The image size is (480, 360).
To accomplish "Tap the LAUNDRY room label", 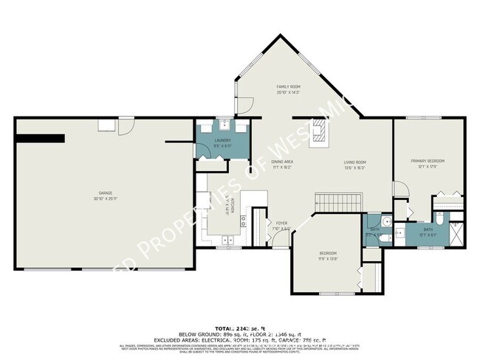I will click(222, 140).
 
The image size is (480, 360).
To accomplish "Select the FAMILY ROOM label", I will click(287, 86).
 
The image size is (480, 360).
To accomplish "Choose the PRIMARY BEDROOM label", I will click(428, 160).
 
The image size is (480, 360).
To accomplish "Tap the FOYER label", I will click(281, 223).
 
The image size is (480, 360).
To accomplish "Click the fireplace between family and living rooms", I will click(318, 132).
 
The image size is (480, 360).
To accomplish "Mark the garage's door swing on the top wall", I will click(127, 126).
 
